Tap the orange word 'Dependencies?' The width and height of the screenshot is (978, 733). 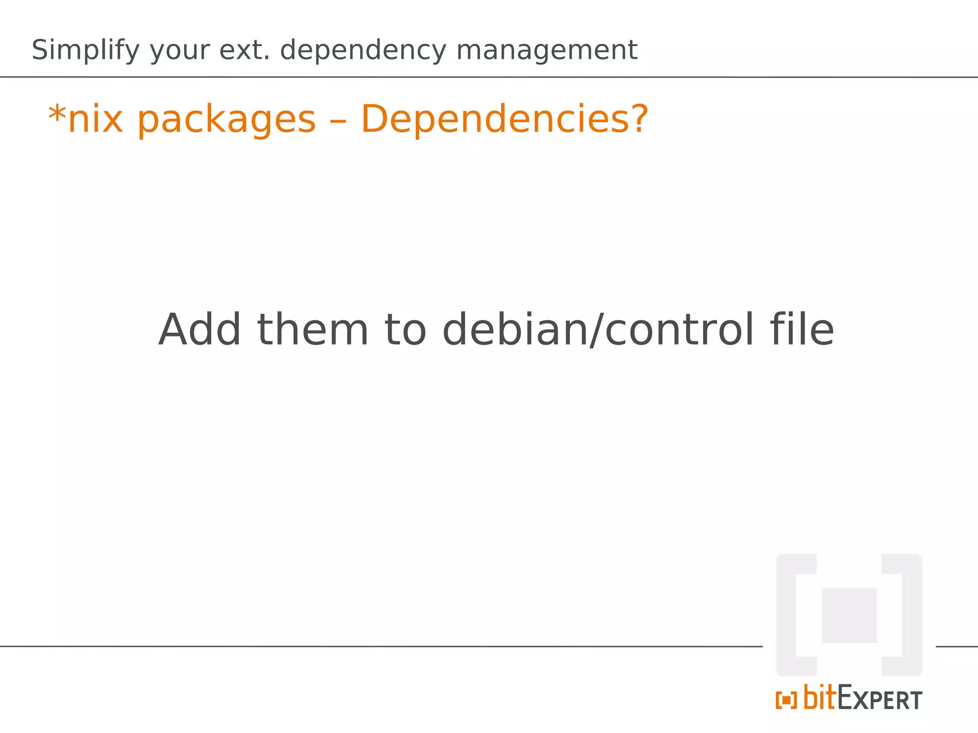[x=505, y=119]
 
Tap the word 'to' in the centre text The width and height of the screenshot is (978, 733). [x=405, y=330]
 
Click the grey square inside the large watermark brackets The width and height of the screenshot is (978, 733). [x=849, y=615]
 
